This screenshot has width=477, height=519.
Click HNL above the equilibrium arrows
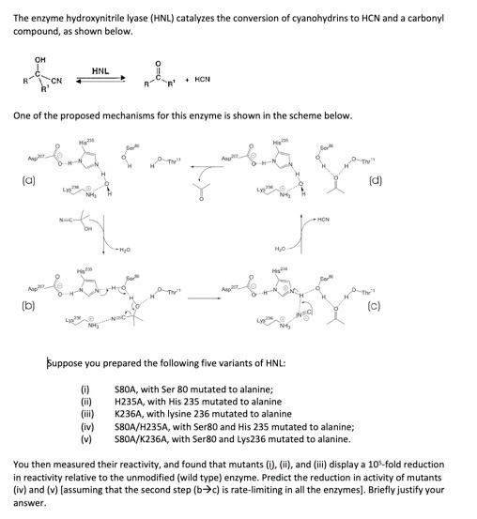[x=101, y=70]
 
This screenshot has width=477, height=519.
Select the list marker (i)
[x=87, y=388]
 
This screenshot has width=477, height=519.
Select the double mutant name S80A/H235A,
[x=146, y=425]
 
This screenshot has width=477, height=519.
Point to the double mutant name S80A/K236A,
[x=146, y=437]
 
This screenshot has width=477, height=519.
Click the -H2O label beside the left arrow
[x=123, y=250]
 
